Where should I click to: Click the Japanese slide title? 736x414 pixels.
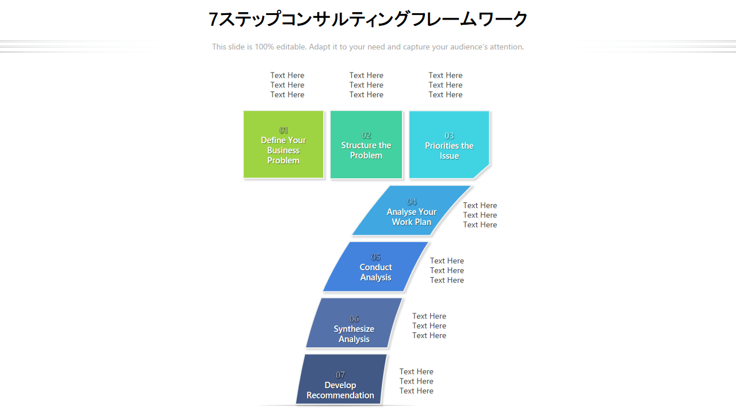(x=368, y=19)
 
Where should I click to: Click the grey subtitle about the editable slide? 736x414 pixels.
(x=368, y=47)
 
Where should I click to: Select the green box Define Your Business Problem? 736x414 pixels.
(x=283, y=144)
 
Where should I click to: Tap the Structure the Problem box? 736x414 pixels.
(x=366, y=144)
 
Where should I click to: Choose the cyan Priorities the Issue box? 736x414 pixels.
(x=449, y=144)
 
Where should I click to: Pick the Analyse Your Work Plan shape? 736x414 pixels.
(x=411, y=210)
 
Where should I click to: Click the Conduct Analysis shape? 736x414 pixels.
(x=375, y=266)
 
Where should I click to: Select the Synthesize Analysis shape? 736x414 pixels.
(x=354, y=323)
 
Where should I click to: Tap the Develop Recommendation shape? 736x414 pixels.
(x=341, y=379)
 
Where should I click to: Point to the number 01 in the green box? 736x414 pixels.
(x=283, y=130)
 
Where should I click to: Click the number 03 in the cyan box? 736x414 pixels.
(x=449, y=136)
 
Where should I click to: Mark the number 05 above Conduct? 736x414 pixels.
(x=375, y=257)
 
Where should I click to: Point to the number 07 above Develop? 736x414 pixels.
(x=340, y=375)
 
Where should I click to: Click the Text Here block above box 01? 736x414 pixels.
(x=287, y=85)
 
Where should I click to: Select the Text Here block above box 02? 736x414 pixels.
(x=366, y=85)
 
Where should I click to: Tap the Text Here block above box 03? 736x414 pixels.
(x=445, y=85)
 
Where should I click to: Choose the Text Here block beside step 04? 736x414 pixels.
(x=480, y=215)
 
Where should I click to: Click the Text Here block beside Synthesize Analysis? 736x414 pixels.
(x=429, y=325)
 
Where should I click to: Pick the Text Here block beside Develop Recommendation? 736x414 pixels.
(x=416, y=381)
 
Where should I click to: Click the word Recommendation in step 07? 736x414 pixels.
(x=340, y=395)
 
